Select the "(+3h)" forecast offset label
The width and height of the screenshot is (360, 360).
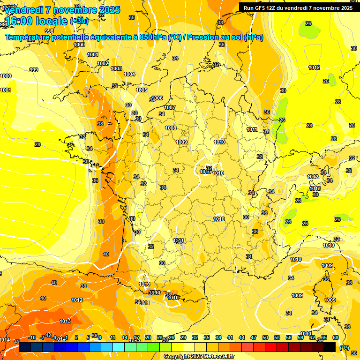click(x=79, y=21)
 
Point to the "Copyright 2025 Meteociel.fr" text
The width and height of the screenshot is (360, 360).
click(x=199, y=356)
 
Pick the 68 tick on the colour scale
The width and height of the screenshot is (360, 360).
click(x=336, y=337)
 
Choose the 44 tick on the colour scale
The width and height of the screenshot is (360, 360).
click(x=242, y=337)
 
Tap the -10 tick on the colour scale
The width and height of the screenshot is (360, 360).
click(x=32, y=337)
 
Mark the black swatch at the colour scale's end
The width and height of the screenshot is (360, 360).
click(x=330, y=347)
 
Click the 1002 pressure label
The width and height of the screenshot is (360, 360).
click(x=103, y=63)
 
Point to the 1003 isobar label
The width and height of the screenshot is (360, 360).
click(x=116, y=68)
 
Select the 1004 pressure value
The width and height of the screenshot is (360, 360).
click(x=129, y=74)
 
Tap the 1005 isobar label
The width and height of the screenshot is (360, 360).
click(x=142, y=90)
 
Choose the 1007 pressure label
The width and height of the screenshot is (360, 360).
click(x=170, y=107)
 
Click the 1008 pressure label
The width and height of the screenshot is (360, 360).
click(x=171, y=128)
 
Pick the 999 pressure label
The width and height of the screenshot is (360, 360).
click(x=34, y=70)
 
